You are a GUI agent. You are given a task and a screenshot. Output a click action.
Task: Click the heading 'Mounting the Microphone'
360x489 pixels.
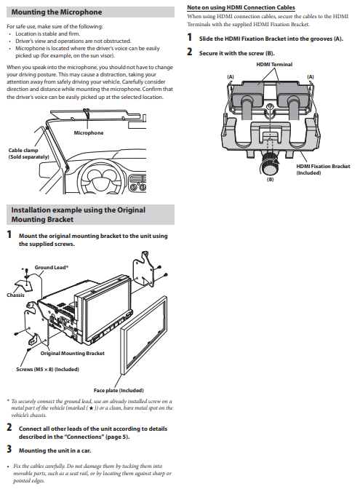click(x=57, y=12)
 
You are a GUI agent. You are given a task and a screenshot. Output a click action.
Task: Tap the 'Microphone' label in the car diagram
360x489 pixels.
click(x=89, y=133)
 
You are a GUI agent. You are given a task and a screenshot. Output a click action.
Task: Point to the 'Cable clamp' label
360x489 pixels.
click(x=23, y=151)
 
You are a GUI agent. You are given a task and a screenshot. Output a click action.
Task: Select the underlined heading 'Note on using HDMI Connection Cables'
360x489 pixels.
click(x=241, y=7)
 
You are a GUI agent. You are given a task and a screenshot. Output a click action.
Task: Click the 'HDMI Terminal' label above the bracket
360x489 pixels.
click(x=274, y=65)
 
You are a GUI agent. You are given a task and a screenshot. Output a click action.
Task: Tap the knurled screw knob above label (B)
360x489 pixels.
click(x=269, y=163)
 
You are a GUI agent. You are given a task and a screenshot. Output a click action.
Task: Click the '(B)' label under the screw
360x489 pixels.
click(x=270, y=180)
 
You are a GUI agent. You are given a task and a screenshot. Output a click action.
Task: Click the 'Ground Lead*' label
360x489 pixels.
click(x=52, y=268)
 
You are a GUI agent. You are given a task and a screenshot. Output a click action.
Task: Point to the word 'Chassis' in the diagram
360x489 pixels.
click(x=15, y=295)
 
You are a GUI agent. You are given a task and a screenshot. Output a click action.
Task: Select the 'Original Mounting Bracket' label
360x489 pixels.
click(x=72, y=354)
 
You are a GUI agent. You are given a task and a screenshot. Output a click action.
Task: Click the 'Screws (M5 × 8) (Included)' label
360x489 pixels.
click(x=47, y=370)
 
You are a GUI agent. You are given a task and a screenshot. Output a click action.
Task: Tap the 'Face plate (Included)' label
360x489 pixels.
click(x=119, y=391)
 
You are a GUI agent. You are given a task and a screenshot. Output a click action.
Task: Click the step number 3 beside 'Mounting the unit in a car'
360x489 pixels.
click(x=9, y=450)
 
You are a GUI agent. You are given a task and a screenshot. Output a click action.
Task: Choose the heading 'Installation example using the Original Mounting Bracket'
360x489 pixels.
click(x=79, y=215)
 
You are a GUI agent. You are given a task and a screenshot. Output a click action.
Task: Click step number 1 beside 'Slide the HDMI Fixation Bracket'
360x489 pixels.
click(x=190, y=38)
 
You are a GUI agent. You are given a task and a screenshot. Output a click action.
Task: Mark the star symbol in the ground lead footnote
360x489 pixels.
click(x=91, y=408)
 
